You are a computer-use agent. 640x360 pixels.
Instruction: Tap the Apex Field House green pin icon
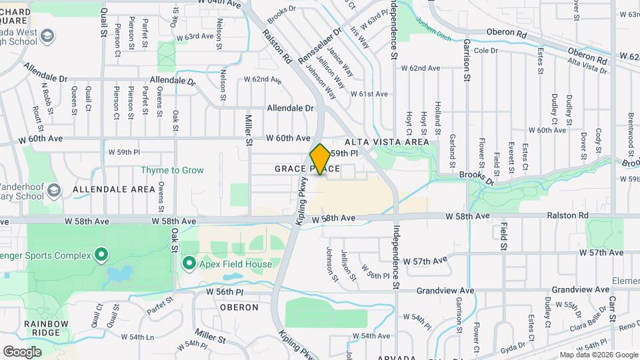click(189, 265)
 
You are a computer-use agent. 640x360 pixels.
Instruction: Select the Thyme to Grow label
click(172, 170)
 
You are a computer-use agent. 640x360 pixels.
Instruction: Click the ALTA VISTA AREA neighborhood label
click(387, 142)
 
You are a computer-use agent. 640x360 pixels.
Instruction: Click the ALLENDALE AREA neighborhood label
click(114, 189)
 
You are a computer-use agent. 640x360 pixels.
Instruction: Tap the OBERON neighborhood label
click(239, 307)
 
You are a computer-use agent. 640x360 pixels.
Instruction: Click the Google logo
click(22, 351)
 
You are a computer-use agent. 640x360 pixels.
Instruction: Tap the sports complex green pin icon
click(101, 253)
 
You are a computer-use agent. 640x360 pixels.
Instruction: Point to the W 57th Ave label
click(601, 253)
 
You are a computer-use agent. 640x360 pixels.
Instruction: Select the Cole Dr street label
click(486, 51)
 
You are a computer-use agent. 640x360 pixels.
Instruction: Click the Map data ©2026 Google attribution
click(598, 355)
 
